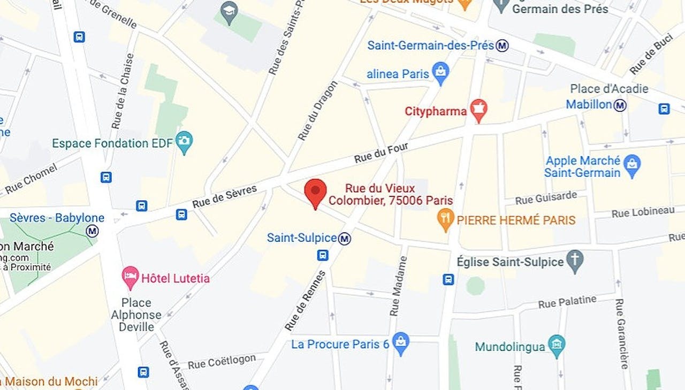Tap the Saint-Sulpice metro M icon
(345, 238)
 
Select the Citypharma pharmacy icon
(478, 110)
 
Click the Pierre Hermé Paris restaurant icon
(445, 220)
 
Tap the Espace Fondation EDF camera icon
(185, 142)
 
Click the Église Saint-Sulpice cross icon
(575, 261)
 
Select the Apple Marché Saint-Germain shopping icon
(632, 166)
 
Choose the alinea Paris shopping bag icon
(440, 73)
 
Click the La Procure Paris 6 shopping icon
(400, 343)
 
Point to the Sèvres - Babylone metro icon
(92, 231)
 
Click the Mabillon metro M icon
(620, 105)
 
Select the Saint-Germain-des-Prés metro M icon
(502, 45)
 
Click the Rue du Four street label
(381, 153)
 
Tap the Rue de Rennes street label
(305, 301)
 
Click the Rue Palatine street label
(567, 302)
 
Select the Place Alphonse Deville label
(136, 314)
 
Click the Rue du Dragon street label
(318, 111)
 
